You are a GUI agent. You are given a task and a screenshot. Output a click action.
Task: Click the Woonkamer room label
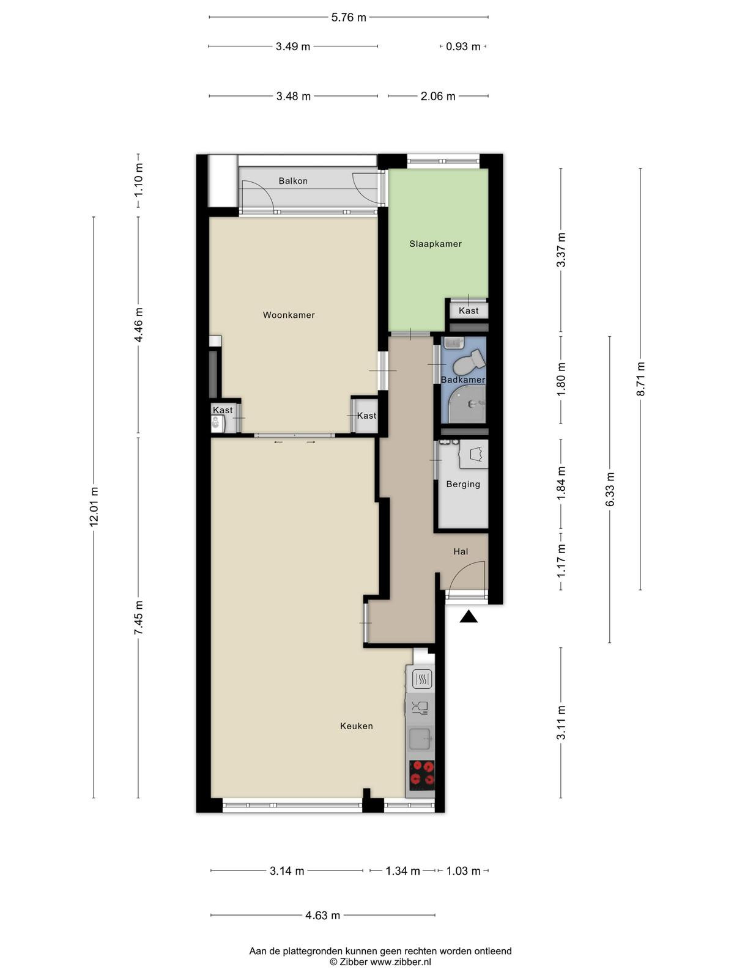pyautogui.click(x=289, y=315)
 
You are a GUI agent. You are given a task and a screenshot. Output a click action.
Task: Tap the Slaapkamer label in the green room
pyautogui.click(x=436, y=244)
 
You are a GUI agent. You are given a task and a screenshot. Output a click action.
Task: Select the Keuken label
pyautogui.click(x=357, y=726)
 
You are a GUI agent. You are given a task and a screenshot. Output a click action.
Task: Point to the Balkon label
pyautogui.click(x=293, y=181)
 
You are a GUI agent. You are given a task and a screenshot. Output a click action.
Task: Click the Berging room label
pyautogui.click(x=463, y=484)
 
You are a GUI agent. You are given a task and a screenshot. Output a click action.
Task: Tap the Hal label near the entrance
pyautogui.click(x=461, y=551)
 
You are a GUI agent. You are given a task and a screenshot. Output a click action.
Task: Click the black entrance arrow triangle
pyautogui.click(x=469, y=617)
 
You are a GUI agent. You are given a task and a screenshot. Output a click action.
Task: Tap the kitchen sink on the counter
pyautogui.click(x=420, y=739)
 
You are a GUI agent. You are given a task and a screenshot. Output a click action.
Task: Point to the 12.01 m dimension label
pyautogui.click(x=94, y=507)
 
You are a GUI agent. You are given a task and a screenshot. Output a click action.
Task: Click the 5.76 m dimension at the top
pyautogui.click(x=349, y=17)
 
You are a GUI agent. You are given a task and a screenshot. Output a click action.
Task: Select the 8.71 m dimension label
pyautogui.click(x=640, y=379)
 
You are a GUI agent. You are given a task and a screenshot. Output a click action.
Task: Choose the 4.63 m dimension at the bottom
pyautogui.click(x=323, y=915)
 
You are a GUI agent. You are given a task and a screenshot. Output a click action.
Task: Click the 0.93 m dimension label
pyautogui.click(x=463, y=46)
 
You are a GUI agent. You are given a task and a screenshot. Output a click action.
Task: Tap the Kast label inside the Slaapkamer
pyautogui.click(x=469, y=311)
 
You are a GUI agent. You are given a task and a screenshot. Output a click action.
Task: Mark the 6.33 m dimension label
pyautogui.click(x=610, y=489)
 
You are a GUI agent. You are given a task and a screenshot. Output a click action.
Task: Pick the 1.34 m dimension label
pyautogui.click(x=403, y=870)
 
